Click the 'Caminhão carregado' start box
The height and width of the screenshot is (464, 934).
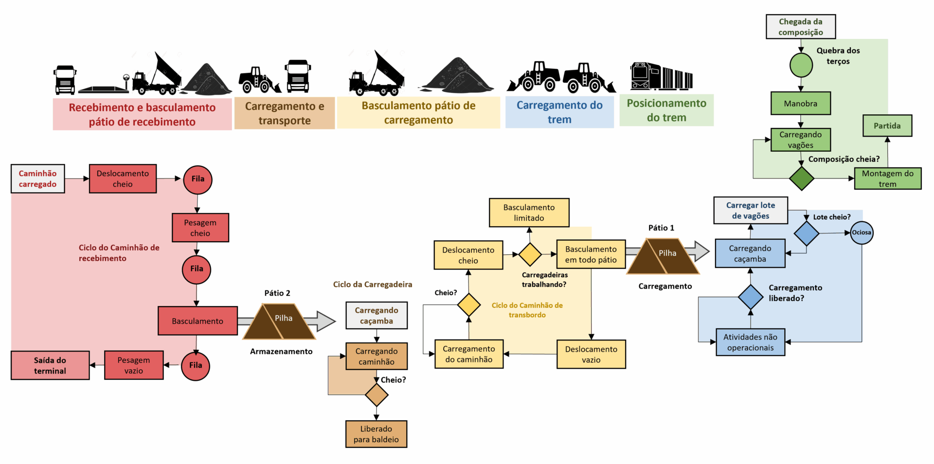pos(38,178)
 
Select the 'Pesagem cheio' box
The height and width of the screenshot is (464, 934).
pos(200,228)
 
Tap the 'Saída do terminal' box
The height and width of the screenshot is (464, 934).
pos(50,365)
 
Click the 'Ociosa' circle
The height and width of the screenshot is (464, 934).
pos(861,232)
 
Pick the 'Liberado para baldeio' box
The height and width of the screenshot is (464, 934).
pos(376,434)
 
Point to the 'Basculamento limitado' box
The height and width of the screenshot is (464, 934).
pos(529,213)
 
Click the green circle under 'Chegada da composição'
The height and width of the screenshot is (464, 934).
pos(801,65)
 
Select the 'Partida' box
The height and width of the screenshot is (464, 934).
pos(887,125)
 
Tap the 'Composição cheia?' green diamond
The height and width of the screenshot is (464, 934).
pos(801,178)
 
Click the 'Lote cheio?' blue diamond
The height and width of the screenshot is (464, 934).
pos(806,233)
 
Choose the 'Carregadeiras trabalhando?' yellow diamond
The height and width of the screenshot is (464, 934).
pos(530,254)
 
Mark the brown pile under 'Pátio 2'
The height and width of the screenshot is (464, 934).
pos(279,321)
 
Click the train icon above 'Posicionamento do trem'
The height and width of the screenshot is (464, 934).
pos(661,76)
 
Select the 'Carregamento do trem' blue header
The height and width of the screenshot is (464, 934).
pos(559,112)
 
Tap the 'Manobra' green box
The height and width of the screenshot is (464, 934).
pos(800,103)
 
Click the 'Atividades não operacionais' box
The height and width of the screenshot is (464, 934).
pos(750,342)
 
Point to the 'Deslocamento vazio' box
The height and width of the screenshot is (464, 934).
pos(591,354)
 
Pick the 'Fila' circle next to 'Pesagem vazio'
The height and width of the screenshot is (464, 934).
pos(196,365)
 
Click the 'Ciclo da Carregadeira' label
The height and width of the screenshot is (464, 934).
pos(372,285)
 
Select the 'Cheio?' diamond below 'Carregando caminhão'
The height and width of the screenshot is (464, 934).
pos(377,395)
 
